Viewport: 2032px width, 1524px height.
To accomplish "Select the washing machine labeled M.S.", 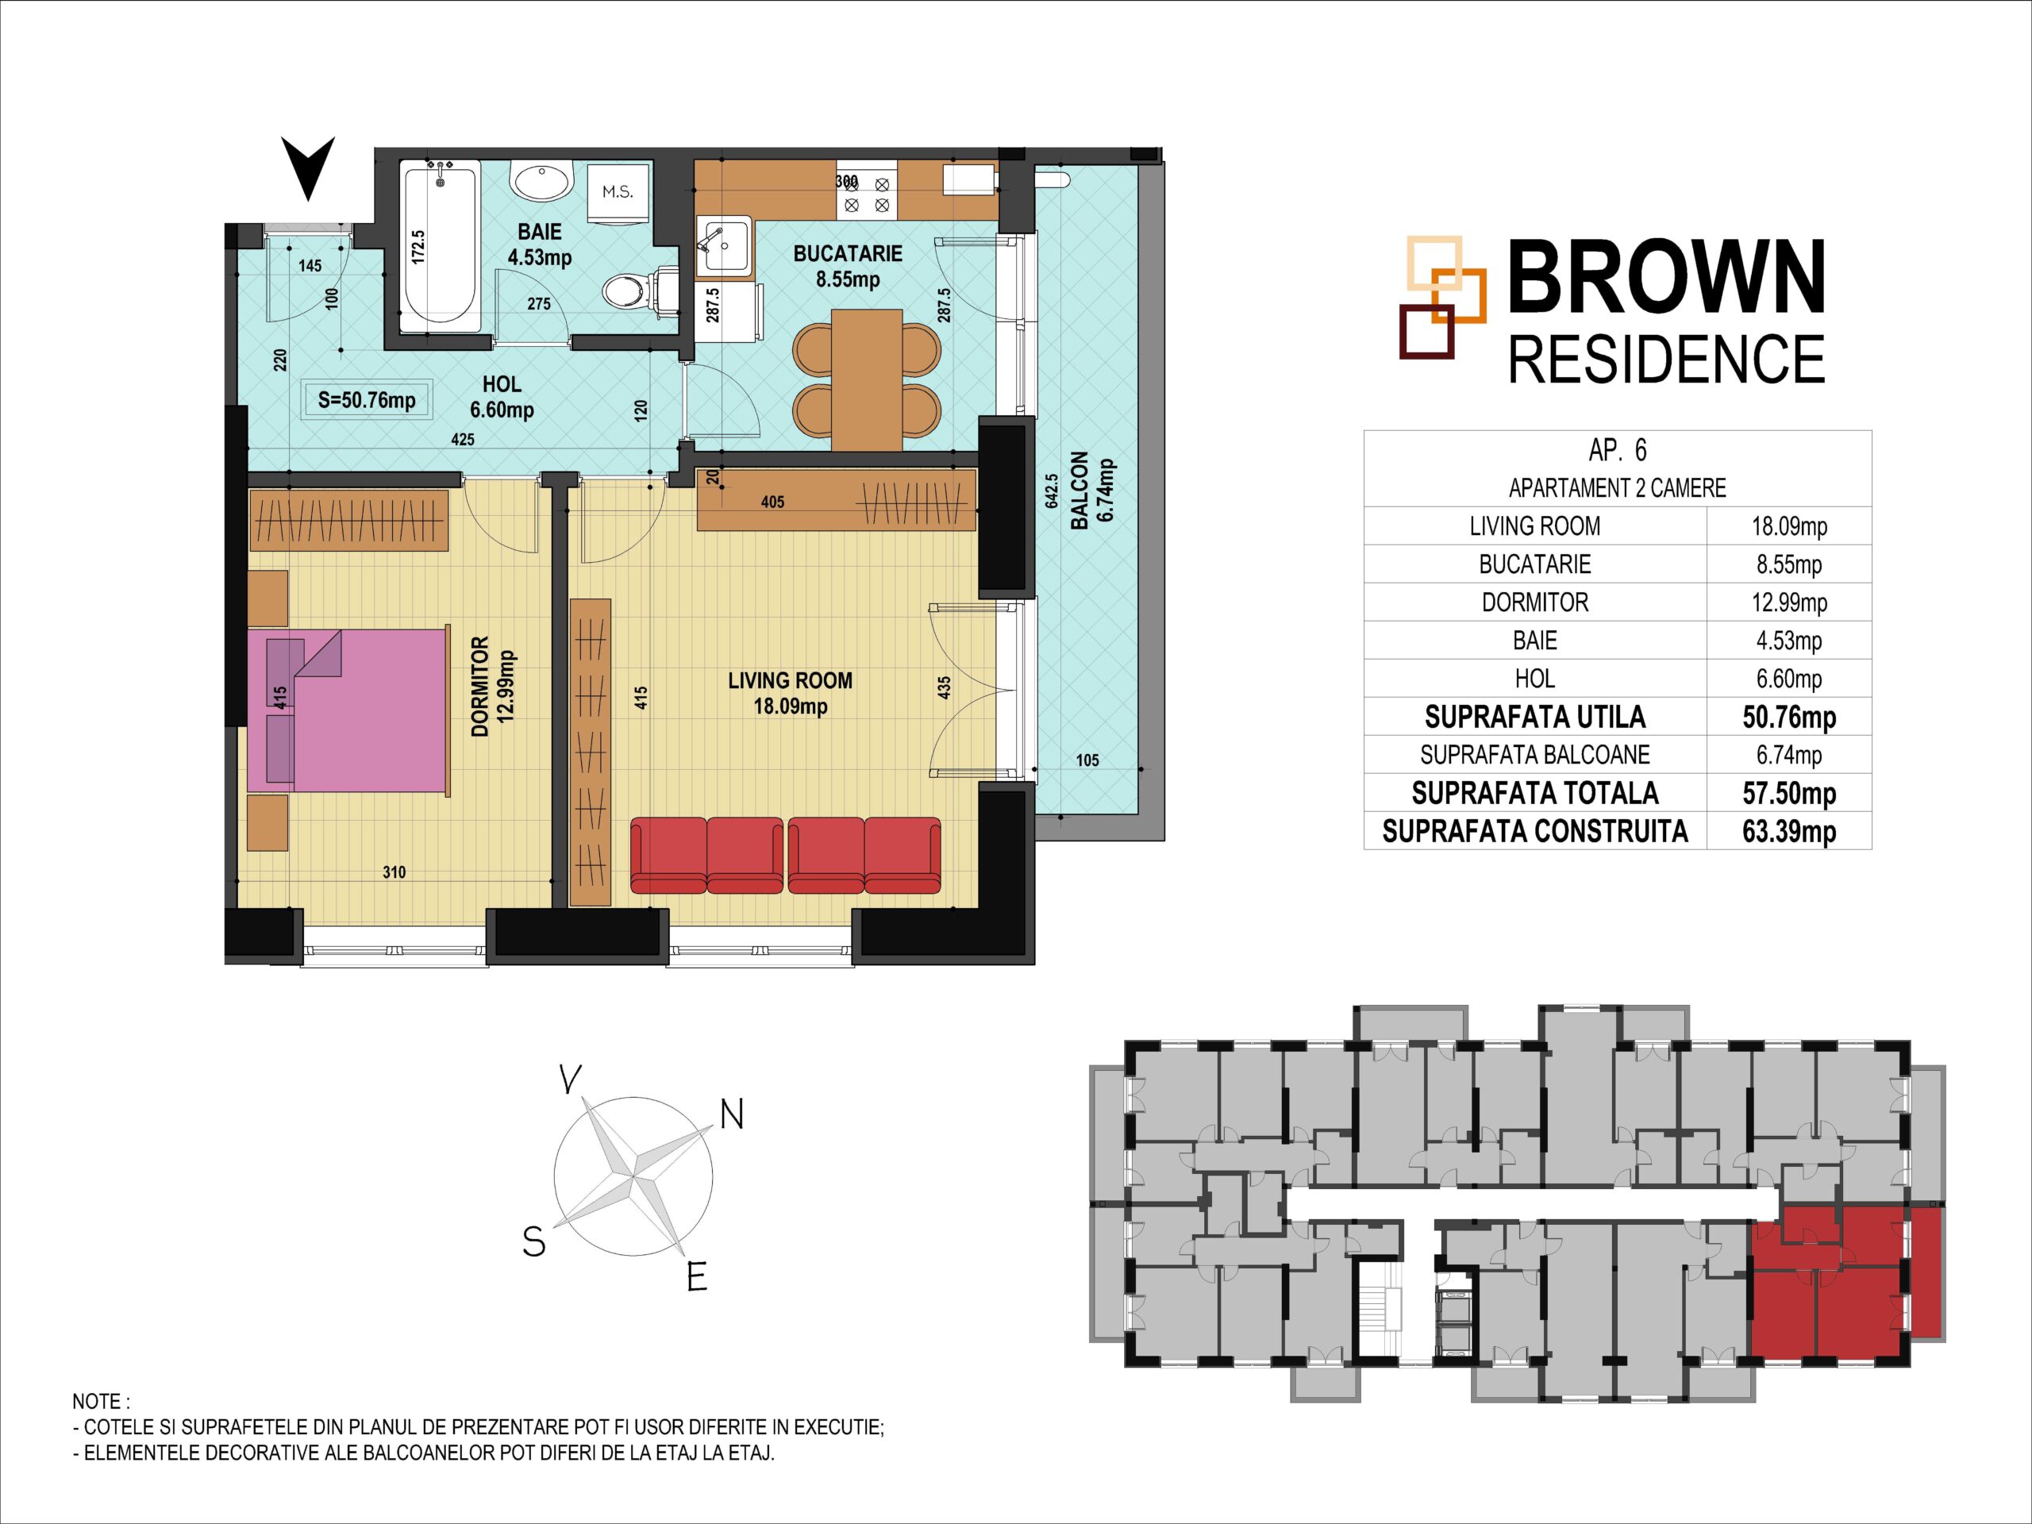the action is (x=618, y=194).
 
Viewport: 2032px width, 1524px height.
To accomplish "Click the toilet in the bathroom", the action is (x=641, y=291).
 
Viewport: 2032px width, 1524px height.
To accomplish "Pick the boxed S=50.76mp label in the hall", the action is (x=367, y=401).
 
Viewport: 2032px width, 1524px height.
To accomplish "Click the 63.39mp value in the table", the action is (x=1788, y=831).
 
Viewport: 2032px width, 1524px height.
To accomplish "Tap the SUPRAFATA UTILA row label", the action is (x=1534, y=717).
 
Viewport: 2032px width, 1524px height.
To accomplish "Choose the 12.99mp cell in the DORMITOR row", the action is (x=1788, y=602).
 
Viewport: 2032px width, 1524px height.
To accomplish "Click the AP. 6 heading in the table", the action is (x=1618, y=450).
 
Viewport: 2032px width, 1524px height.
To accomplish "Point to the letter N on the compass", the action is (x=731, y=1115).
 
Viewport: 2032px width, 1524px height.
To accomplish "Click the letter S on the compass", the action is (x=533, y=1242).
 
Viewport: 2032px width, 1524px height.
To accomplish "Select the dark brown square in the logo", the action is (x=1426, y=332).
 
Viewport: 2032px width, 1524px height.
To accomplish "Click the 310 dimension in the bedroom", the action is (x=394, y=872).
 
